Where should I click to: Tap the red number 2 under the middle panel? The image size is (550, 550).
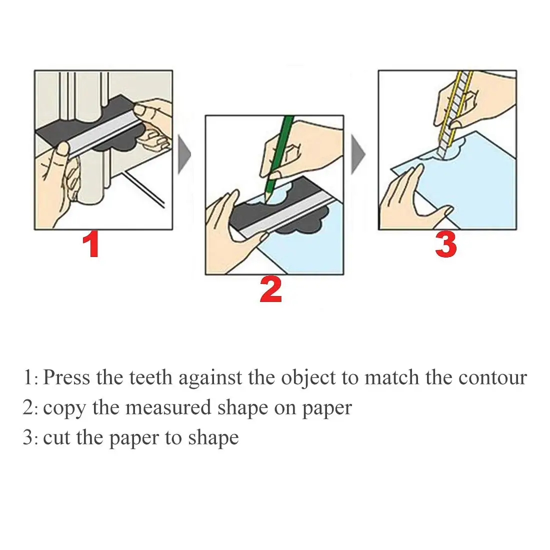pos(270,290)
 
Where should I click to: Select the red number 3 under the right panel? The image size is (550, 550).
pos(445,245)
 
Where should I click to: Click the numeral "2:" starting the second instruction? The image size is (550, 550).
pos(30,408)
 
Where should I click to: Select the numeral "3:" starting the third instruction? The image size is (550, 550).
pos(30,438)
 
